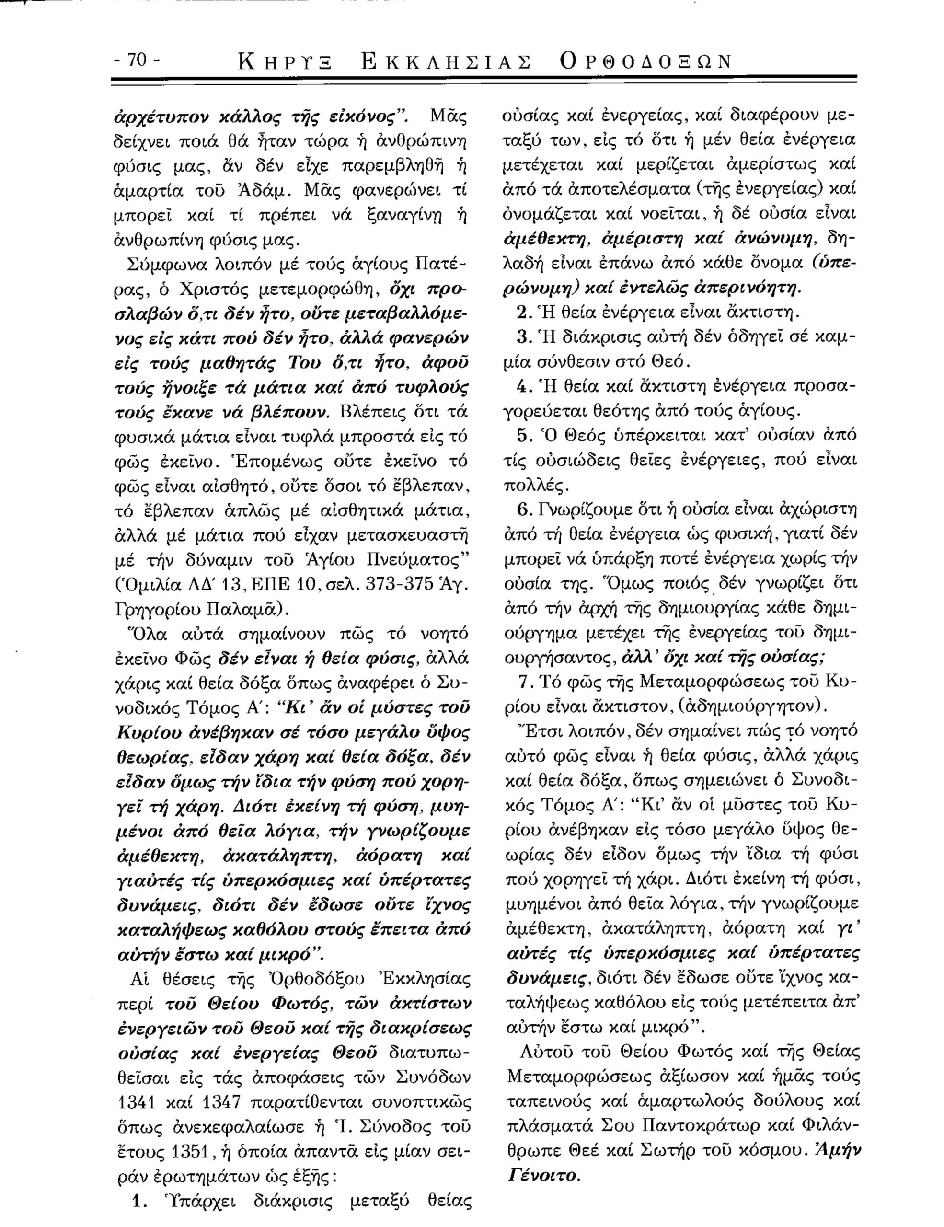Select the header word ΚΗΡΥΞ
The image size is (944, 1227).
[x=285, y=62]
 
